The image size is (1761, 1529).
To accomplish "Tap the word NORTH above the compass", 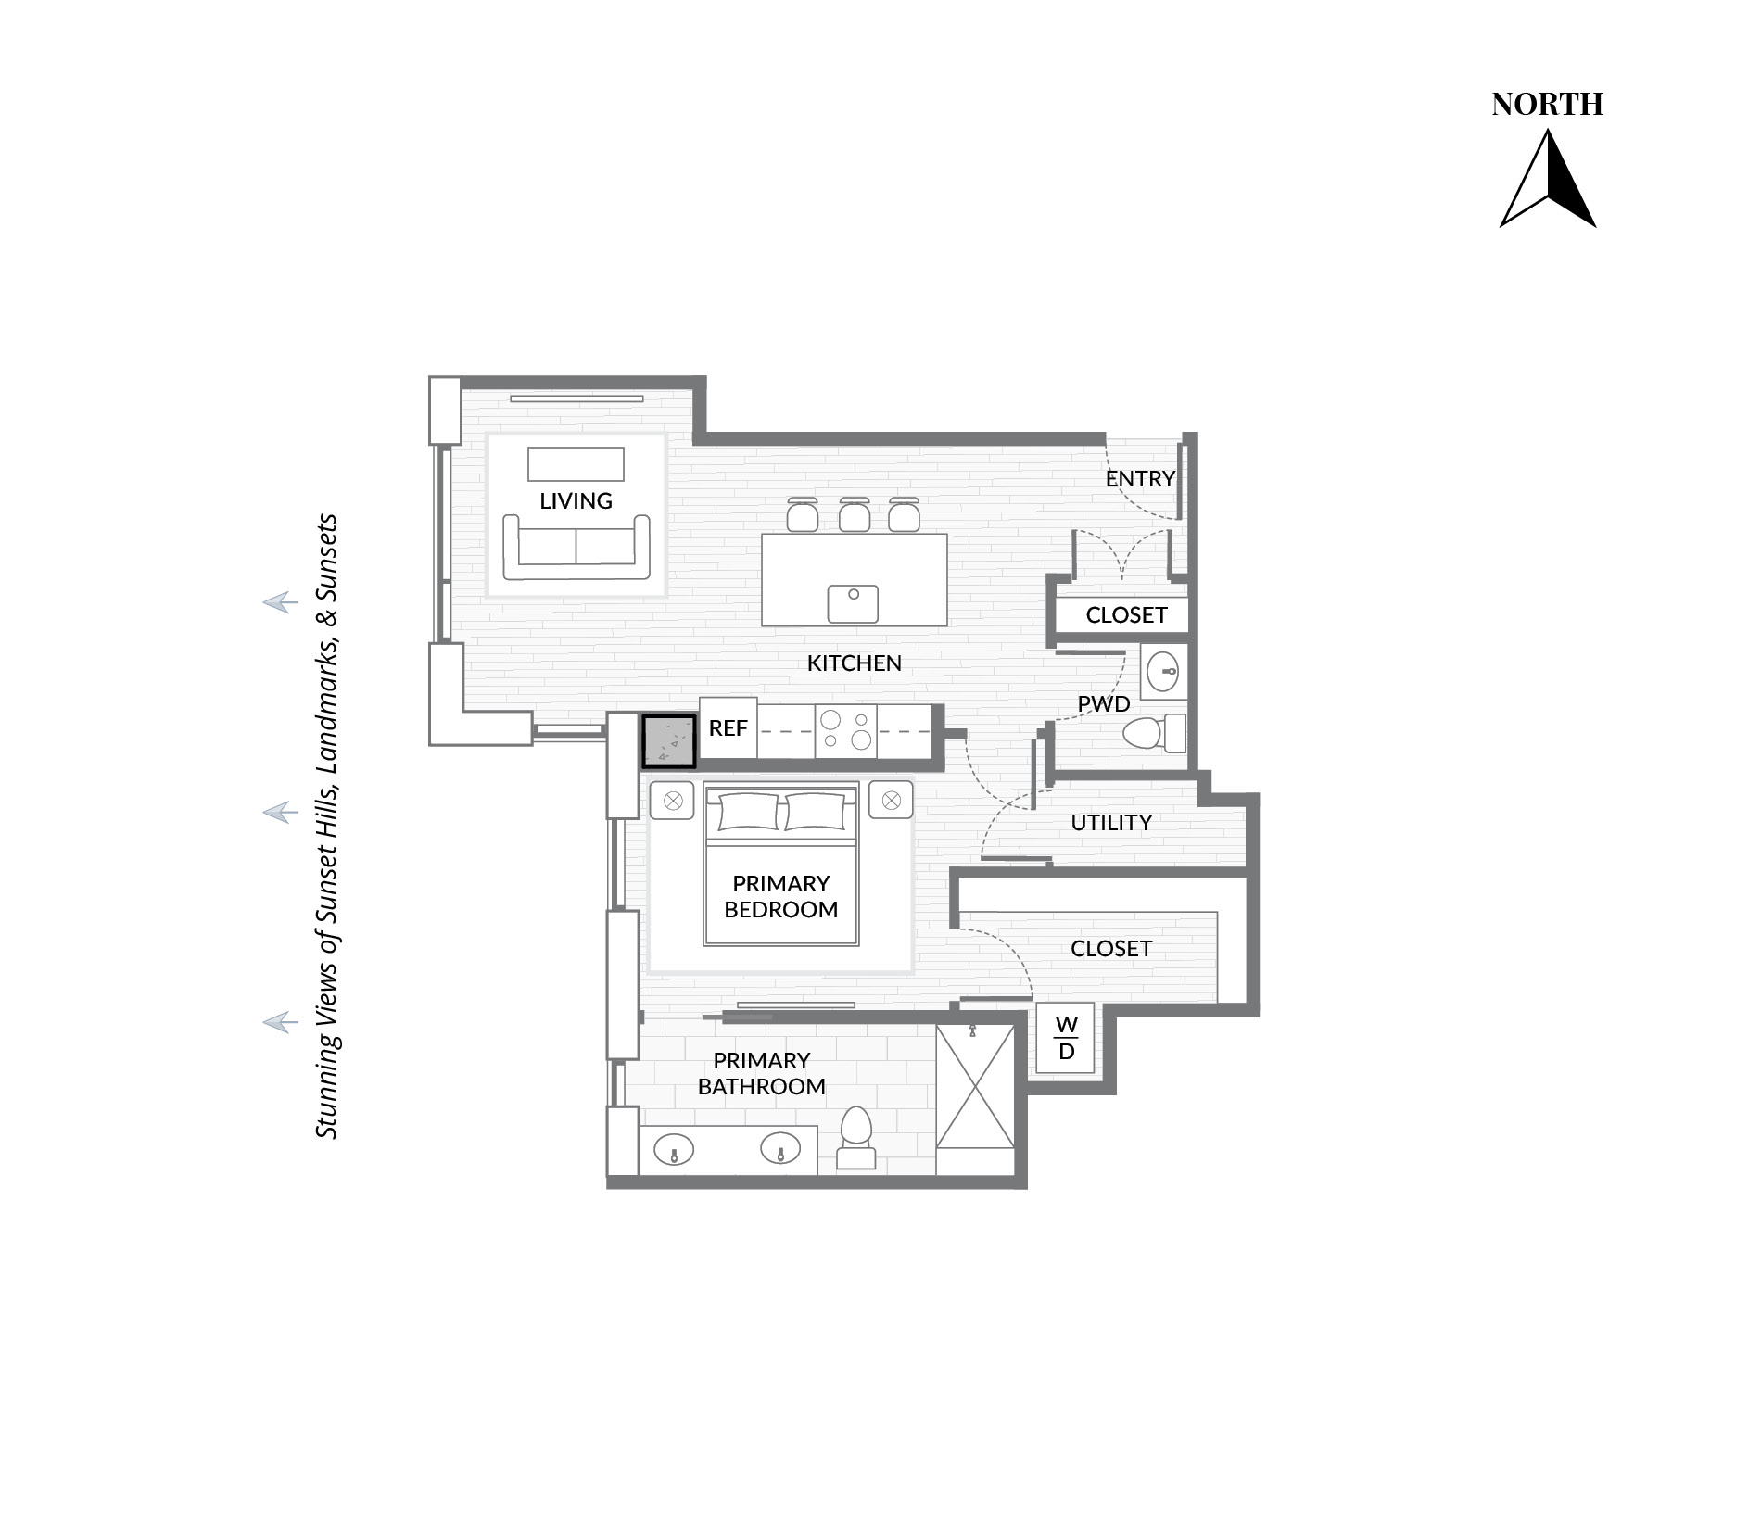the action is [1547, 105].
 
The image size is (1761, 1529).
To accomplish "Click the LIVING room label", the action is [576, 501].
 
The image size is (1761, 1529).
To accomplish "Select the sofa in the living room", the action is [576, 546].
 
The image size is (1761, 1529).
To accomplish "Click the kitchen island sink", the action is [853, 604].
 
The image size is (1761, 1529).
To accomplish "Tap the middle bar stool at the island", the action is [854, 514].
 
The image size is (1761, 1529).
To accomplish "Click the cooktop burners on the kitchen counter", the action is [846, 728].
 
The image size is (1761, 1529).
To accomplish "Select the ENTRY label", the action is [1140, 479].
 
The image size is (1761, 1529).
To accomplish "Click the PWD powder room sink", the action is [1162, 671].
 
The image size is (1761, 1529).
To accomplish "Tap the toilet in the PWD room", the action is [1154, 734].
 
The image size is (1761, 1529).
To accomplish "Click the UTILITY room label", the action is [1111, 823].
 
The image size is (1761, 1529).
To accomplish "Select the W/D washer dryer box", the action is [1065, 1038].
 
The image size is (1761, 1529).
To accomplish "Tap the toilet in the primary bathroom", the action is [855, 1137].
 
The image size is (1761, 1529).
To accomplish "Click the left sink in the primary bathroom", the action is [674, 1150].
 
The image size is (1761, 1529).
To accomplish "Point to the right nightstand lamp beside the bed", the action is [891, 800].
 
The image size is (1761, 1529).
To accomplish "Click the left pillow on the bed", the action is [748, 812].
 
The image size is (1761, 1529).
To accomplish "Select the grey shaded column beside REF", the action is [669, 741].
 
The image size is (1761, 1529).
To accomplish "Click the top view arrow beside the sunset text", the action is [280, 603].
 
